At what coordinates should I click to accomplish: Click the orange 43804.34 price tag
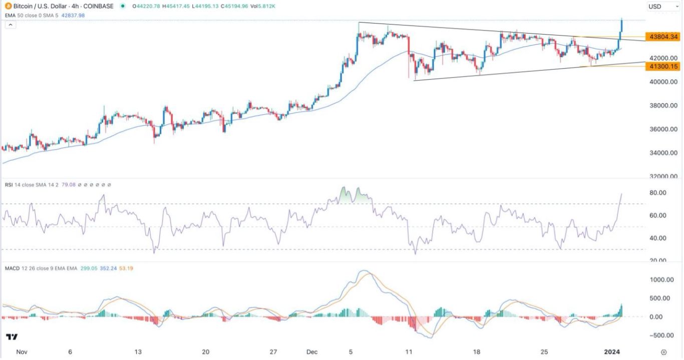click(x=663, y=37)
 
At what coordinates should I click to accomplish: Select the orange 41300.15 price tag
click(x=663, y=66)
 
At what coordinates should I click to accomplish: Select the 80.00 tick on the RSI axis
click(x=656, y=193)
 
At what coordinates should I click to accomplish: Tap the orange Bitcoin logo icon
click(x=6, y=6)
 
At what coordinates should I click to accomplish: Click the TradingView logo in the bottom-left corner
click(x=12, y=336)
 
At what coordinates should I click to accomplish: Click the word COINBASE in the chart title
click(x=99, y=6)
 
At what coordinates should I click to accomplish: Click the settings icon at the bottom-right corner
click(x=664, y=352)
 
